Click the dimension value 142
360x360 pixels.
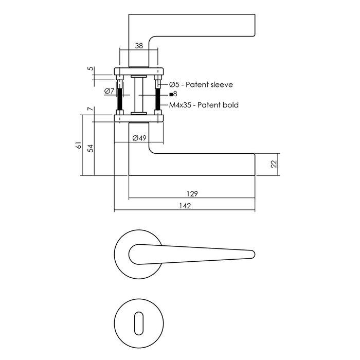click(185, 206)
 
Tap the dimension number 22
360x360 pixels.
click(274, 164)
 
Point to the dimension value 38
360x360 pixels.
click(138, 45)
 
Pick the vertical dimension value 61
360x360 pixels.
click(79, 146)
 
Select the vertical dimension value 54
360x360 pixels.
click(91, 148)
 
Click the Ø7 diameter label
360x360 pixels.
click(109, 91)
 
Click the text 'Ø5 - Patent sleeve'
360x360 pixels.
click(201, 84)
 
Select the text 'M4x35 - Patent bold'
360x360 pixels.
click(204, 105)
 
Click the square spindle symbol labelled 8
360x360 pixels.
click(171, 94)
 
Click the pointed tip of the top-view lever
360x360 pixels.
click(253, 253)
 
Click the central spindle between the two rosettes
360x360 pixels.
click(139, 95)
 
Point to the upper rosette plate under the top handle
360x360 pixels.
click(139, 71)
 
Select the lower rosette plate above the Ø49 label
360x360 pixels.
click(139, 118)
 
